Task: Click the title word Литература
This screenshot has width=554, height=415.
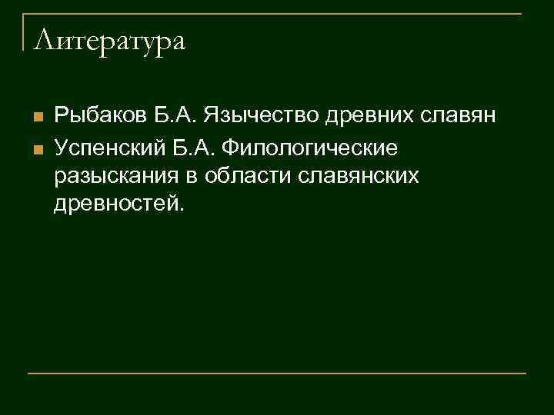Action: (x=110, y=41)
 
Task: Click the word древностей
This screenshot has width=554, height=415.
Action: (x=115, y=204)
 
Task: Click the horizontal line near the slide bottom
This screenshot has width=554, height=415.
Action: (x=277, y=373)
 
